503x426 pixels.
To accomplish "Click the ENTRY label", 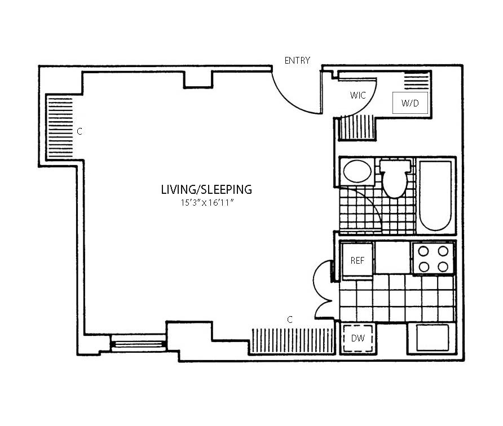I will pyautogui.click(x=297, y=60).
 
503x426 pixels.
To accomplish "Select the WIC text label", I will pyautogui.click(x=358, y=95).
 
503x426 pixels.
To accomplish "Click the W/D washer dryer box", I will pyautogui.click(x=410, y=103).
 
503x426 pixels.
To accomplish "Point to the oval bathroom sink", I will pyautogui.click(x=357, y=171).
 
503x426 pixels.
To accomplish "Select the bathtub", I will pyautogui.click(x=436, y=196).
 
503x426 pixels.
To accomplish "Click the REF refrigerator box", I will pyautogui.click(x=357, y=260).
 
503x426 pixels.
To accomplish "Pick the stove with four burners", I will pyautogui.click(x=433, y=258).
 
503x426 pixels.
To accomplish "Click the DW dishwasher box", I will pyautogui.click(x=358, y=338).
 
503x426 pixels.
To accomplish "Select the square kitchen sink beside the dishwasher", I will pyautogui.click(x=431, y=338).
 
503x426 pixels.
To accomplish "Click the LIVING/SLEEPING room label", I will pyautogui.click(x=206, y=190).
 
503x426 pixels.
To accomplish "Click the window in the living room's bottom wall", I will pyautogui.click(x=138, y=343).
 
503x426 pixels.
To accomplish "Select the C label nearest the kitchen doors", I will pyautogui.click(x=290, y=319).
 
